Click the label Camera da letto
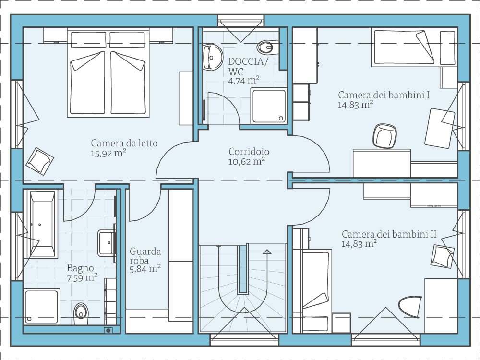click(x=124, y=143)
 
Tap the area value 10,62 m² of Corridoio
click(x=246, y=162)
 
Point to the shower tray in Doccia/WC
click(x=268, y=106)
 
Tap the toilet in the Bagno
click(x=81, y=314)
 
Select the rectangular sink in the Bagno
click(x=106, y=243)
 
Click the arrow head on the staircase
click(x=267, y=252)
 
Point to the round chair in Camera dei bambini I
click(x=385, y=136)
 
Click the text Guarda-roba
click(x=147, y=256)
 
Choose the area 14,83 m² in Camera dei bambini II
click(x=359, y=244)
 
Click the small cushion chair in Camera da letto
click(x=39, y=161)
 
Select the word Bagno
click(x=80, y=268)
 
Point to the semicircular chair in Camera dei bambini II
click(x=410, y=306)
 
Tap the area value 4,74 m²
click(x=244, y=81)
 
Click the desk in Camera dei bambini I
click(x=382, y=163)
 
